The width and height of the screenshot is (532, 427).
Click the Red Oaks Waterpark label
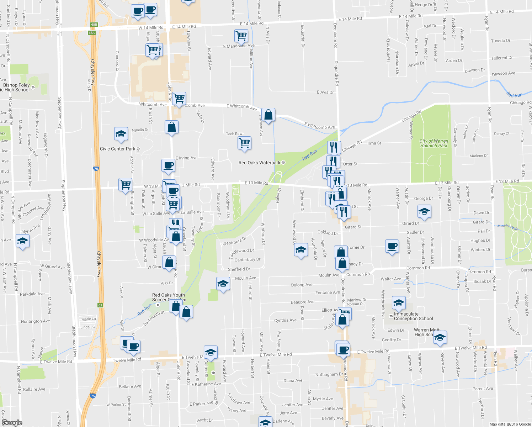tap(260, 163)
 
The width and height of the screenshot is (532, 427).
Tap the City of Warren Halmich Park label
tap(433, 143)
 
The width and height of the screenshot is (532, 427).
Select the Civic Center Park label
tap(118, 149)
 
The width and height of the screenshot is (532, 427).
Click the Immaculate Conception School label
tap(413, 316)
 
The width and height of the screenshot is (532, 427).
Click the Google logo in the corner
tap(12, 422)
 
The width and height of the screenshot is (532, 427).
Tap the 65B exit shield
tap(94, 25)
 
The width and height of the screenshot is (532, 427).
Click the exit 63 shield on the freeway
tap(100, 305)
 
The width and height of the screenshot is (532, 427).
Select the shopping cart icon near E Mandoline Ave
tap(241, 36)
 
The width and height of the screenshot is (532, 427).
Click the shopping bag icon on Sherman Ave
tap(268, 115)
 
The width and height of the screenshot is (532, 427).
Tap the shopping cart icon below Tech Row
tap(244, 143)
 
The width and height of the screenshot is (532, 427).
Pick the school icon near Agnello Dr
tap(121, 134)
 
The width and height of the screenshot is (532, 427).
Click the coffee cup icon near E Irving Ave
tap(168, 165)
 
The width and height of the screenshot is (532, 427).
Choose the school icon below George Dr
tap(424, 212)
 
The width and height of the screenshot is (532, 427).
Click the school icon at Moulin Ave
tap(223, 284)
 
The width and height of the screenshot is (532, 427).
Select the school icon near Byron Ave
tap(22, 241)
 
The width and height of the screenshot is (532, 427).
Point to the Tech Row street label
tap(234, 134)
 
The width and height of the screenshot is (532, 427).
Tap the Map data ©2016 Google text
tap(510, 424)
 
